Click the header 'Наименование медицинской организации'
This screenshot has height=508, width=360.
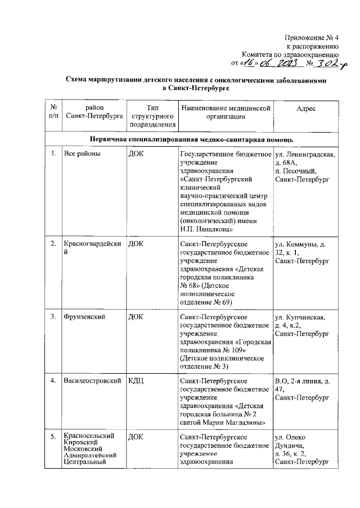(x=224, y=112)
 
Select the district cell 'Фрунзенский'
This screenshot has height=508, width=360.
(x=85, y=317)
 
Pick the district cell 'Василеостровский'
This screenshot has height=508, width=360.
(x=93, y=382)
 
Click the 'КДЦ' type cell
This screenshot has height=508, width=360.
(x=137, y=382)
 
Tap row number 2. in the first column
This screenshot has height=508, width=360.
(x=53, y=244)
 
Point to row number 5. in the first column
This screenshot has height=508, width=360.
(x=53, y=437)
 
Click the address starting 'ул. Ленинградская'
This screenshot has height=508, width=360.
(x=305, y=167)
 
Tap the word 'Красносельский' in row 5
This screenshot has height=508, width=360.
(x=90, y=436)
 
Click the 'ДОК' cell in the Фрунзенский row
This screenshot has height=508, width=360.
(x=136, y=317)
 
